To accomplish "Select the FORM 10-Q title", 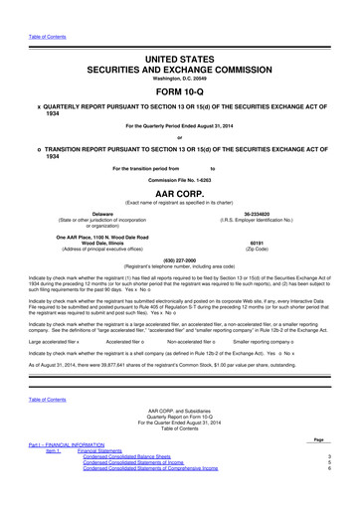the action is pos(180,68).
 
